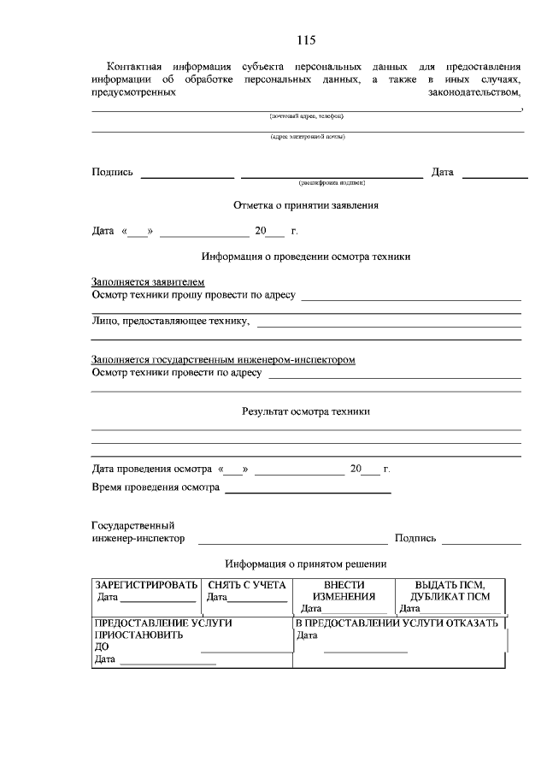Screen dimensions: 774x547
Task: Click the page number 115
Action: pyautogui.click(x=306, y=40)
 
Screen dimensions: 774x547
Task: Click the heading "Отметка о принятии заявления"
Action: pyautogui.click(x=306, y=205)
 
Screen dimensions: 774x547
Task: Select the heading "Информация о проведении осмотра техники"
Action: pyautogui.click(x=306, y=256)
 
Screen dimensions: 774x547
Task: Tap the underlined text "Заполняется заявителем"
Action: pyautogui.click(x=148, y=282)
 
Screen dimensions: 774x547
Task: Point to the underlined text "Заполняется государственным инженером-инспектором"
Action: pyautogui.click(x=223, y=360)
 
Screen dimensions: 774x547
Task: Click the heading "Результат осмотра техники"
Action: pyautogui.click(x=306, y=411)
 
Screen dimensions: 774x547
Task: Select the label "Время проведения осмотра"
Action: pyautogui.click(x=155, y=487)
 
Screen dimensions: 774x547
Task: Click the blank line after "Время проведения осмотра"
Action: pyautogui.click(x=308, y=490)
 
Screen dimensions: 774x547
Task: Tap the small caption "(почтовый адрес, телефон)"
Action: pyautogui.click(x=307, y=115)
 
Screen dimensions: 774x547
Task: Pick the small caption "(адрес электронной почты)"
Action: pyautogui.click(x=307, y=136)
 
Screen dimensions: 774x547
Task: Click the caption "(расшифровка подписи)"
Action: pyautogui.click(x=332, y=182)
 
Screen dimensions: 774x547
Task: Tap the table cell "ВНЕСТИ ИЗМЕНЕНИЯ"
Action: pyautogui.click(x=344, y=591)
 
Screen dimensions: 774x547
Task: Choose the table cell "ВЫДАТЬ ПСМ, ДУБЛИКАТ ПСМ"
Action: pyautogui.click(x=450, y=591)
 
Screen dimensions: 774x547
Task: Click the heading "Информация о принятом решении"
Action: pyautogui.click(x=306, y=564)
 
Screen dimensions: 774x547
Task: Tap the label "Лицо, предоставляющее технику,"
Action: pyautogui.click(x=171, y=322)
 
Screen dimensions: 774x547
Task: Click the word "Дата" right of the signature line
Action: pyautogui.click(x=442, y=173)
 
